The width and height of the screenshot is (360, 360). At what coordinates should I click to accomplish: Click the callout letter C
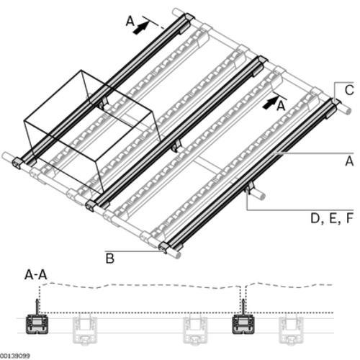[x=349, y=90]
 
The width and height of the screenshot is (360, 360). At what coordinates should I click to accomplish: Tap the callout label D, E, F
[x=332, y=219]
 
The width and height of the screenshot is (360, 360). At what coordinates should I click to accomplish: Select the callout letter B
[x=110, y=258]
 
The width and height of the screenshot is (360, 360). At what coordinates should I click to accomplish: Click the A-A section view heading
[x=36, y=274]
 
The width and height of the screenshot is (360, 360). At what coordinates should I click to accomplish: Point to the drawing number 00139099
[x=15, y=356]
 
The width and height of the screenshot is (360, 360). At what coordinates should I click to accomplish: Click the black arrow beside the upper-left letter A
[x=140, y=28]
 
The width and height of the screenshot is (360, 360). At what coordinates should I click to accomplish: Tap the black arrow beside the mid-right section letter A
[x=270, y=104]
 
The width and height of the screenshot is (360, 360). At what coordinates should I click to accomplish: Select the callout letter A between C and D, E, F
[x=349, y=161]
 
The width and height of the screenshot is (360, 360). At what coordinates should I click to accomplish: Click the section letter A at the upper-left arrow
[x=130, y=21]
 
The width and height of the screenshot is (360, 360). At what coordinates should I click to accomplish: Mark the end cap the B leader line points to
[x=164, y=248]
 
